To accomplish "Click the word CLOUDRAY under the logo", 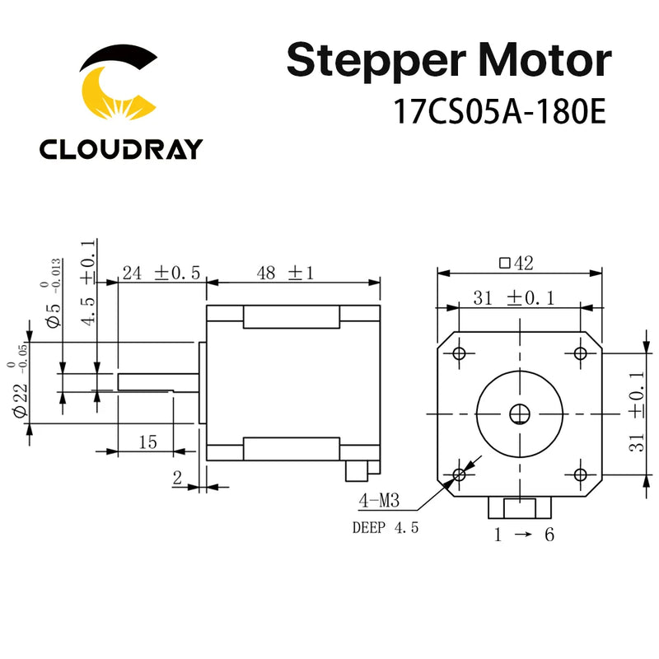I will pyautogui.click(x=120, y=149).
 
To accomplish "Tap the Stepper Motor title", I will pyautogui.click(x=449, y=63).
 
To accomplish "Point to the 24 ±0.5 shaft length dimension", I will pyautogui.click(x=161, y=273).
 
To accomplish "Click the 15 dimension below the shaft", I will pyautogui.click(x=147, y=442).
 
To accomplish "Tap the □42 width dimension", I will pyautogui.click(x=516, y=264).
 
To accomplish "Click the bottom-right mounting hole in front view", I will pyautogui.click(x=580, y=474).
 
